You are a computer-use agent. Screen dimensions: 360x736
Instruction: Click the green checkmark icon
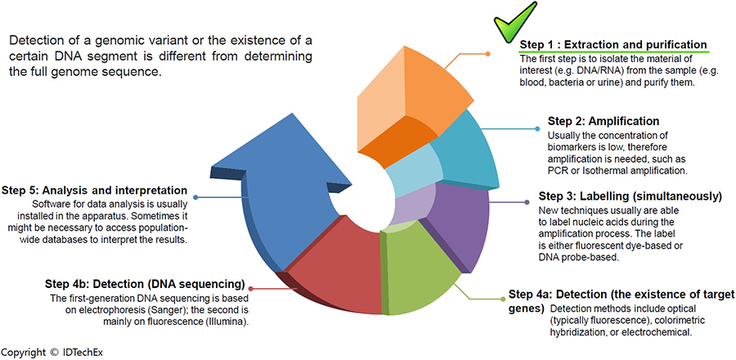point(517,20)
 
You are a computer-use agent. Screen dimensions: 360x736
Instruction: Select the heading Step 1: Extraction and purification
point(613,44)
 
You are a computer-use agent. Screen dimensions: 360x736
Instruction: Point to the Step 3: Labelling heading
point(630,196)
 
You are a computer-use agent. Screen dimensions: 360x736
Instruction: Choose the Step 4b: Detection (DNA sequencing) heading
point(146,284)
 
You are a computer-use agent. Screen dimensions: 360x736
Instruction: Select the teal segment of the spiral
point(470,151)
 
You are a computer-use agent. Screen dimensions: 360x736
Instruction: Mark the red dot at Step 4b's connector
point(253,288)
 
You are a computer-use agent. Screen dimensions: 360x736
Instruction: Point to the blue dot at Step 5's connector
point(195,196)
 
